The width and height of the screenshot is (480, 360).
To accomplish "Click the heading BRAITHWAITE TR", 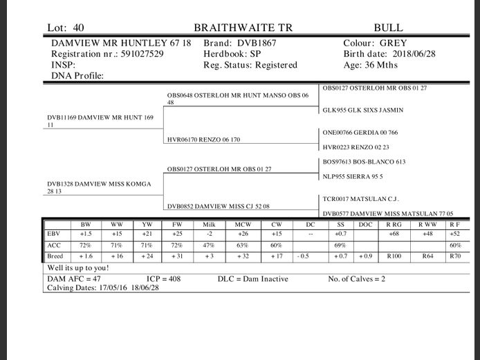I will click(x=243, y=28).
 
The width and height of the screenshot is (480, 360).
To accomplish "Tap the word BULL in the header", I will click(x=388, y=28).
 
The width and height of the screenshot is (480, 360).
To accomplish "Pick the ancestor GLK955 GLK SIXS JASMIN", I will click(x=363, y=110).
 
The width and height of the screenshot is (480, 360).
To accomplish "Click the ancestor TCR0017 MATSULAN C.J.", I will click(x=360, y=198).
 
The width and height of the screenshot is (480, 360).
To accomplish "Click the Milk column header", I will click(x=210, y=225).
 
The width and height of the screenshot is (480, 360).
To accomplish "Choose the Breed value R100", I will click(x=395, y=256).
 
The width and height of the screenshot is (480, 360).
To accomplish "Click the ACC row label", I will click(x=54, y=245).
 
